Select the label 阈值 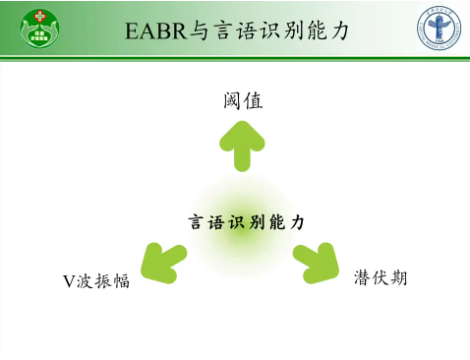tap(242, 101)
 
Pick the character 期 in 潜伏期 tap(398, 278)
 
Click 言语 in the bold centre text tap(202, 223)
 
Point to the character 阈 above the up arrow tap(232, 101)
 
